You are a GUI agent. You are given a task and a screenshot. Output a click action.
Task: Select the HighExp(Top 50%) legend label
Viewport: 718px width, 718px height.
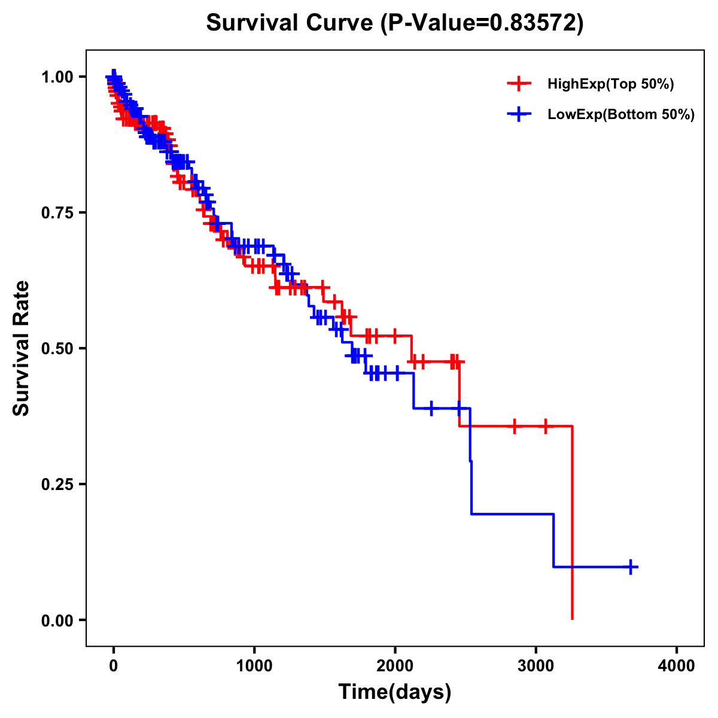pos(610,84)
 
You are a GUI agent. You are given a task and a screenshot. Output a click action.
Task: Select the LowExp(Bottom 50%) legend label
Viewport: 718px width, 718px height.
pos(621,115)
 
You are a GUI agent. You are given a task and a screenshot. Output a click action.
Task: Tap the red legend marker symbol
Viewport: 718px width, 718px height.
pos(519,84)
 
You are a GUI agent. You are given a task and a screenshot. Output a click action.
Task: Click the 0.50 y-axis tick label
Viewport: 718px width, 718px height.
pos(57,348)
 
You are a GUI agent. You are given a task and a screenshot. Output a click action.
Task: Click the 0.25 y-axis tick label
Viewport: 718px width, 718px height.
pos(57,484)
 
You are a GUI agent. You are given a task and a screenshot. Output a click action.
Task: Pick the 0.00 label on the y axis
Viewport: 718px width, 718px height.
pos(57,620)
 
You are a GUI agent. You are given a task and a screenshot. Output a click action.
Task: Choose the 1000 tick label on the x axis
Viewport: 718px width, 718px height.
pos(254,666)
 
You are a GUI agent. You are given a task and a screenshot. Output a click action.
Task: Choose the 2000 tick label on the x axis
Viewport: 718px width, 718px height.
pos(395,666)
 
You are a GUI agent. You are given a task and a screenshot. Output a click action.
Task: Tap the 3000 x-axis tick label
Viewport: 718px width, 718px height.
pos(536,666)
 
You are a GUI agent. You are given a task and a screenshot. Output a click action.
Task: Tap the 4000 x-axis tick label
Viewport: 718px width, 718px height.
pos(677,666)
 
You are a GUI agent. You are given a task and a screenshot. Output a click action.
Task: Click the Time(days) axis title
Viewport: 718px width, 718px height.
pos(395,692)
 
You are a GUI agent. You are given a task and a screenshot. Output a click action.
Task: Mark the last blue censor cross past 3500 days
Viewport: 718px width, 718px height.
pos(631,567)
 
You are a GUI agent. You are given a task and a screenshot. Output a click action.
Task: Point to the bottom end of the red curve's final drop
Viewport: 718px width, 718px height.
pos(573,619)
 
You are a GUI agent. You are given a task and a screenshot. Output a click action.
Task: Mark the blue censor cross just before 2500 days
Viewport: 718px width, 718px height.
pos(459,408)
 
